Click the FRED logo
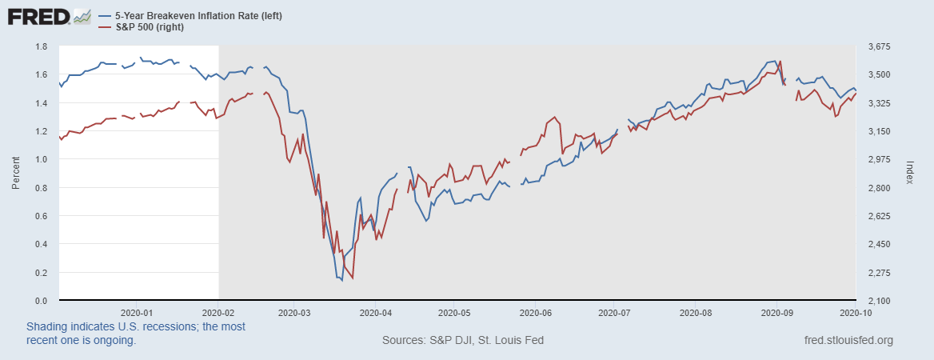tap(39, 17)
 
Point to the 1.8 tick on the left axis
tap(41, 46)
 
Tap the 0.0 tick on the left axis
tap(41, 301)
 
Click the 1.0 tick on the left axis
tap(41, 159)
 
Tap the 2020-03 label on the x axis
tap(295, 313)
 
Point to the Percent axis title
tap(15, 174)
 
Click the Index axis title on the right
tap(909, 174)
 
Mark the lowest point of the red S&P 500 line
tap(353, 278)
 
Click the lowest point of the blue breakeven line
tap(341, 280)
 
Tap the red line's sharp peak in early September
tap(780, 61)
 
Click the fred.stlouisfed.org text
tap(848, 340)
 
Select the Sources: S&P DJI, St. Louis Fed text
tap(463, 340)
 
